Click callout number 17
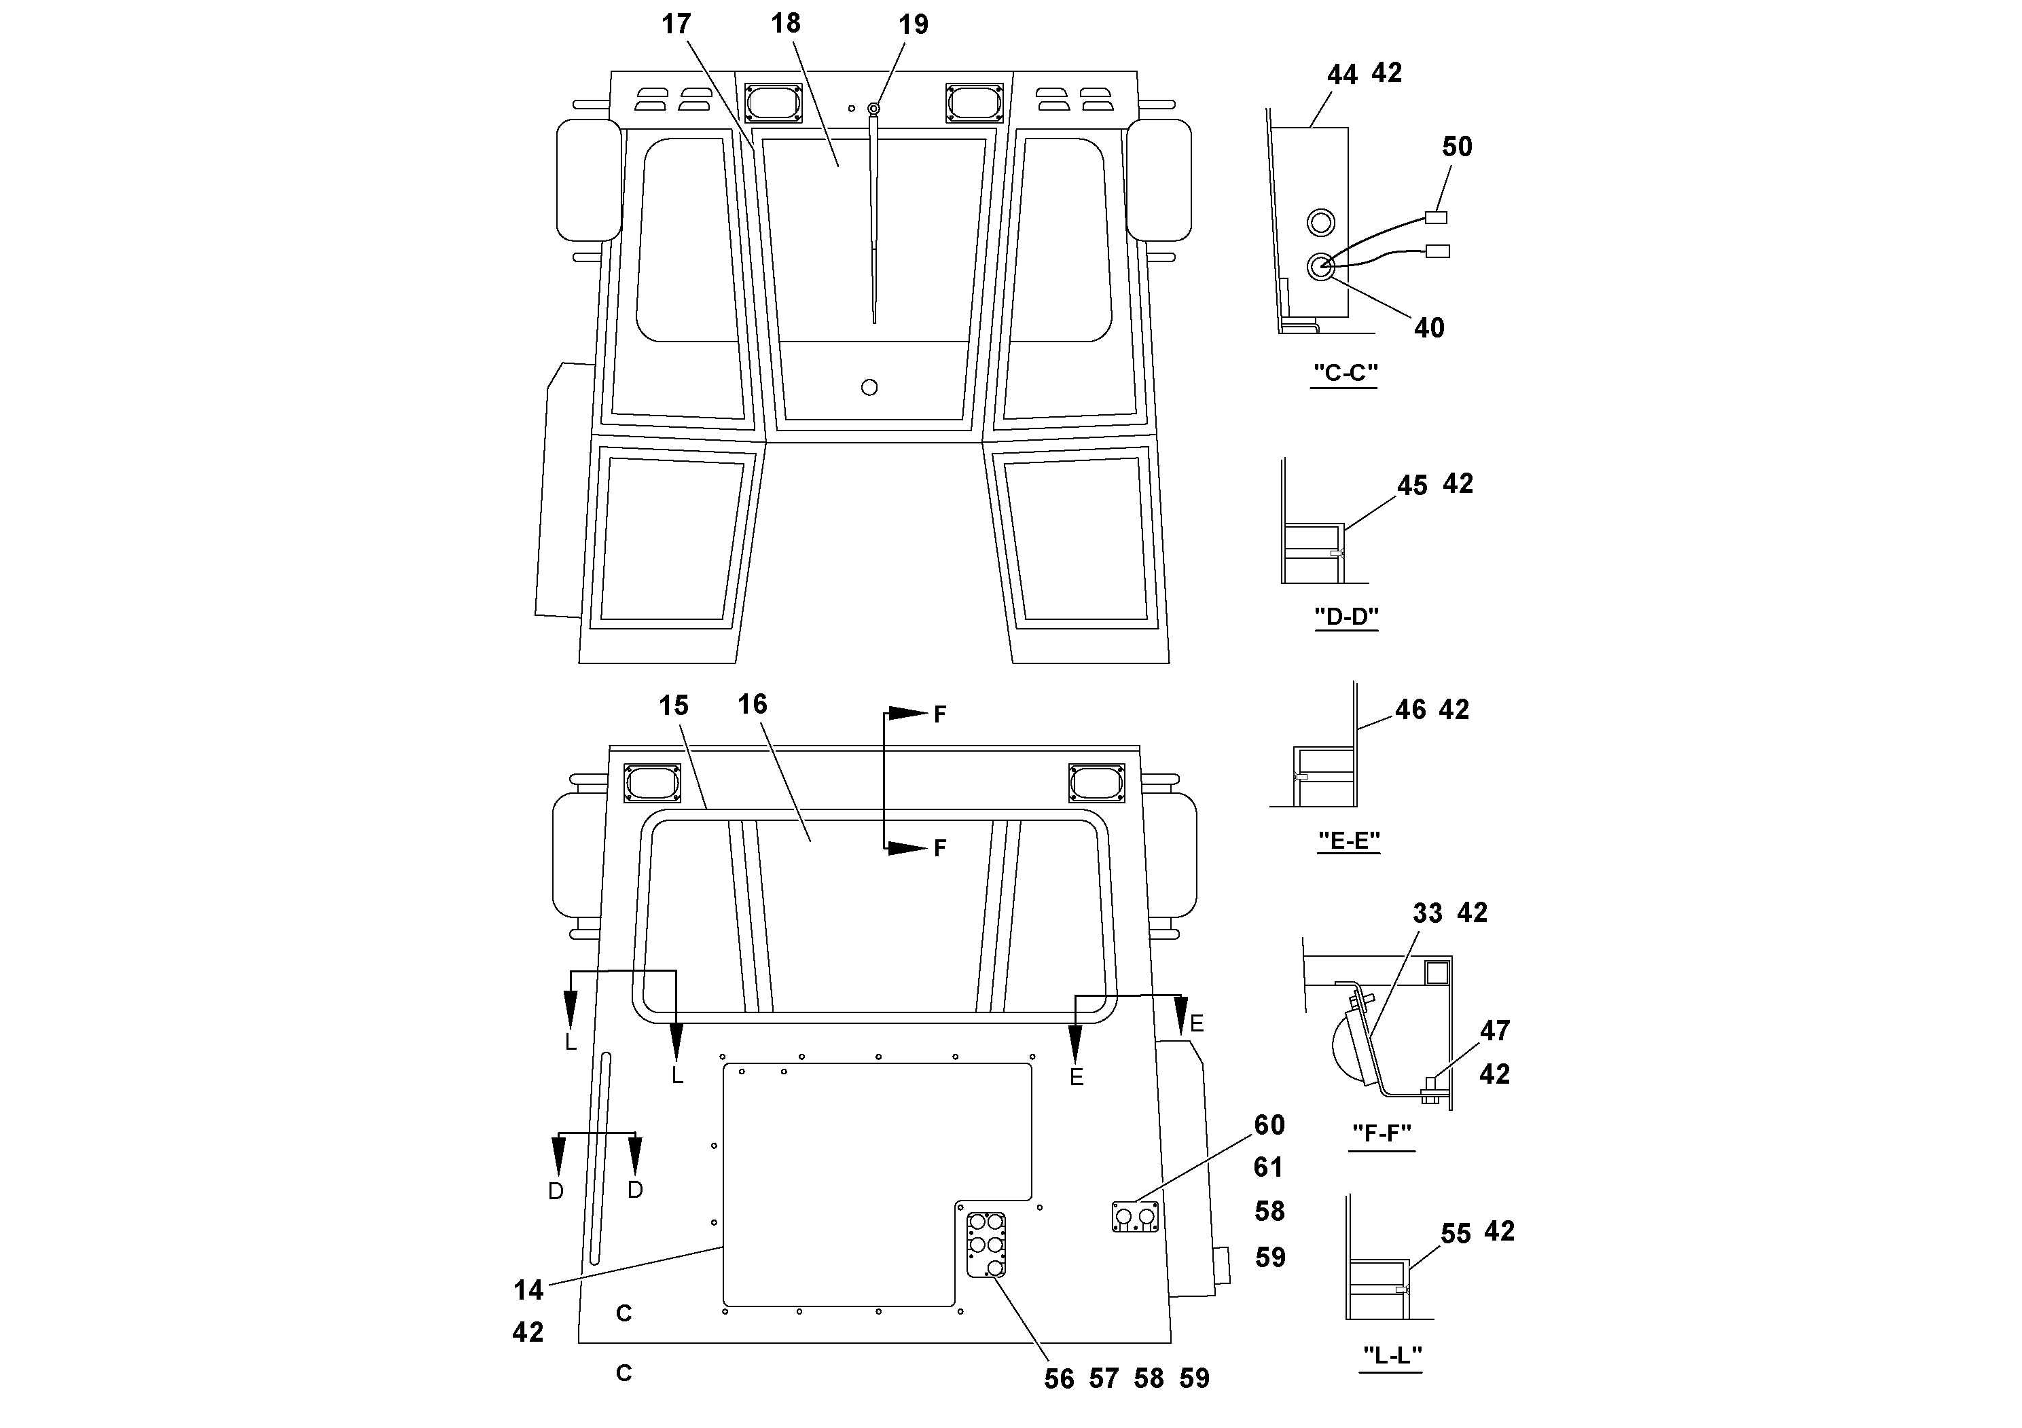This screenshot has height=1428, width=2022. [676, 24]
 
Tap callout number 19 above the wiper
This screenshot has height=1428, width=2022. [914, 24]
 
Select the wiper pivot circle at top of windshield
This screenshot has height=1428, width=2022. [873, 108]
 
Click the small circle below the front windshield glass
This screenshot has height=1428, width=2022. [869, 387]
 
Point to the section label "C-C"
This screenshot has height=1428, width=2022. [1345, 373]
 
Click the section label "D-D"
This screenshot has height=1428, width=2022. [1347, 617]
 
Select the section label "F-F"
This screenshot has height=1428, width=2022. [1382, 1133]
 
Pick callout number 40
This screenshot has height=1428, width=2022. [1428, 329]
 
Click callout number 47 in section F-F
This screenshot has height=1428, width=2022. [1494, 1030]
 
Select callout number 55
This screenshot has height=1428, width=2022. [1456, 1234]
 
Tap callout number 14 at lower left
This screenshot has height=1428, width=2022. [528, 1291]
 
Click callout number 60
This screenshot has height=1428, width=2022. [1269, 1125]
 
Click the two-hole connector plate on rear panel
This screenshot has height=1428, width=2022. [1135, 1217]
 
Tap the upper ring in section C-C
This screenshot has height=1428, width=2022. [1320, 223]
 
